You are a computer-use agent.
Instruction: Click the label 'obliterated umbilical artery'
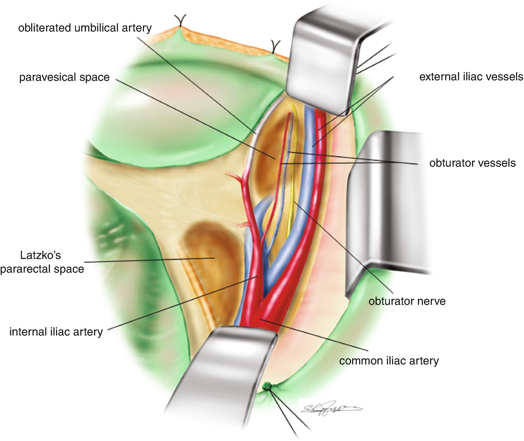pos(85,28)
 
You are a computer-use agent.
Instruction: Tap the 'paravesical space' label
pos(64,77)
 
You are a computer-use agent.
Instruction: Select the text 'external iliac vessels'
pos(471,77)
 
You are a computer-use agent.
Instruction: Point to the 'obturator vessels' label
pos(472,163)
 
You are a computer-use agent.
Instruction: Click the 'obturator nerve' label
pos(407,301)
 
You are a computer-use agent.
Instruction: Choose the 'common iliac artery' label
pos(389,361)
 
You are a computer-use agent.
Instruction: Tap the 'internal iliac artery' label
pos(56,332)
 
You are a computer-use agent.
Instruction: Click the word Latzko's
pos(40,255)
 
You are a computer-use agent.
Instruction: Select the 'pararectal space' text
pos(42,269)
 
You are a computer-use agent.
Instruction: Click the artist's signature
pos(331,408)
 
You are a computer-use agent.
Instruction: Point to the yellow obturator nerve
pos(293,178)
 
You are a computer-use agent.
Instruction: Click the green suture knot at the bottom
pos(267,387)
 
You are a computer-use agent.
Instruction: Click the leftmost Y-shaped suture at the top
pos(180,21)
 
